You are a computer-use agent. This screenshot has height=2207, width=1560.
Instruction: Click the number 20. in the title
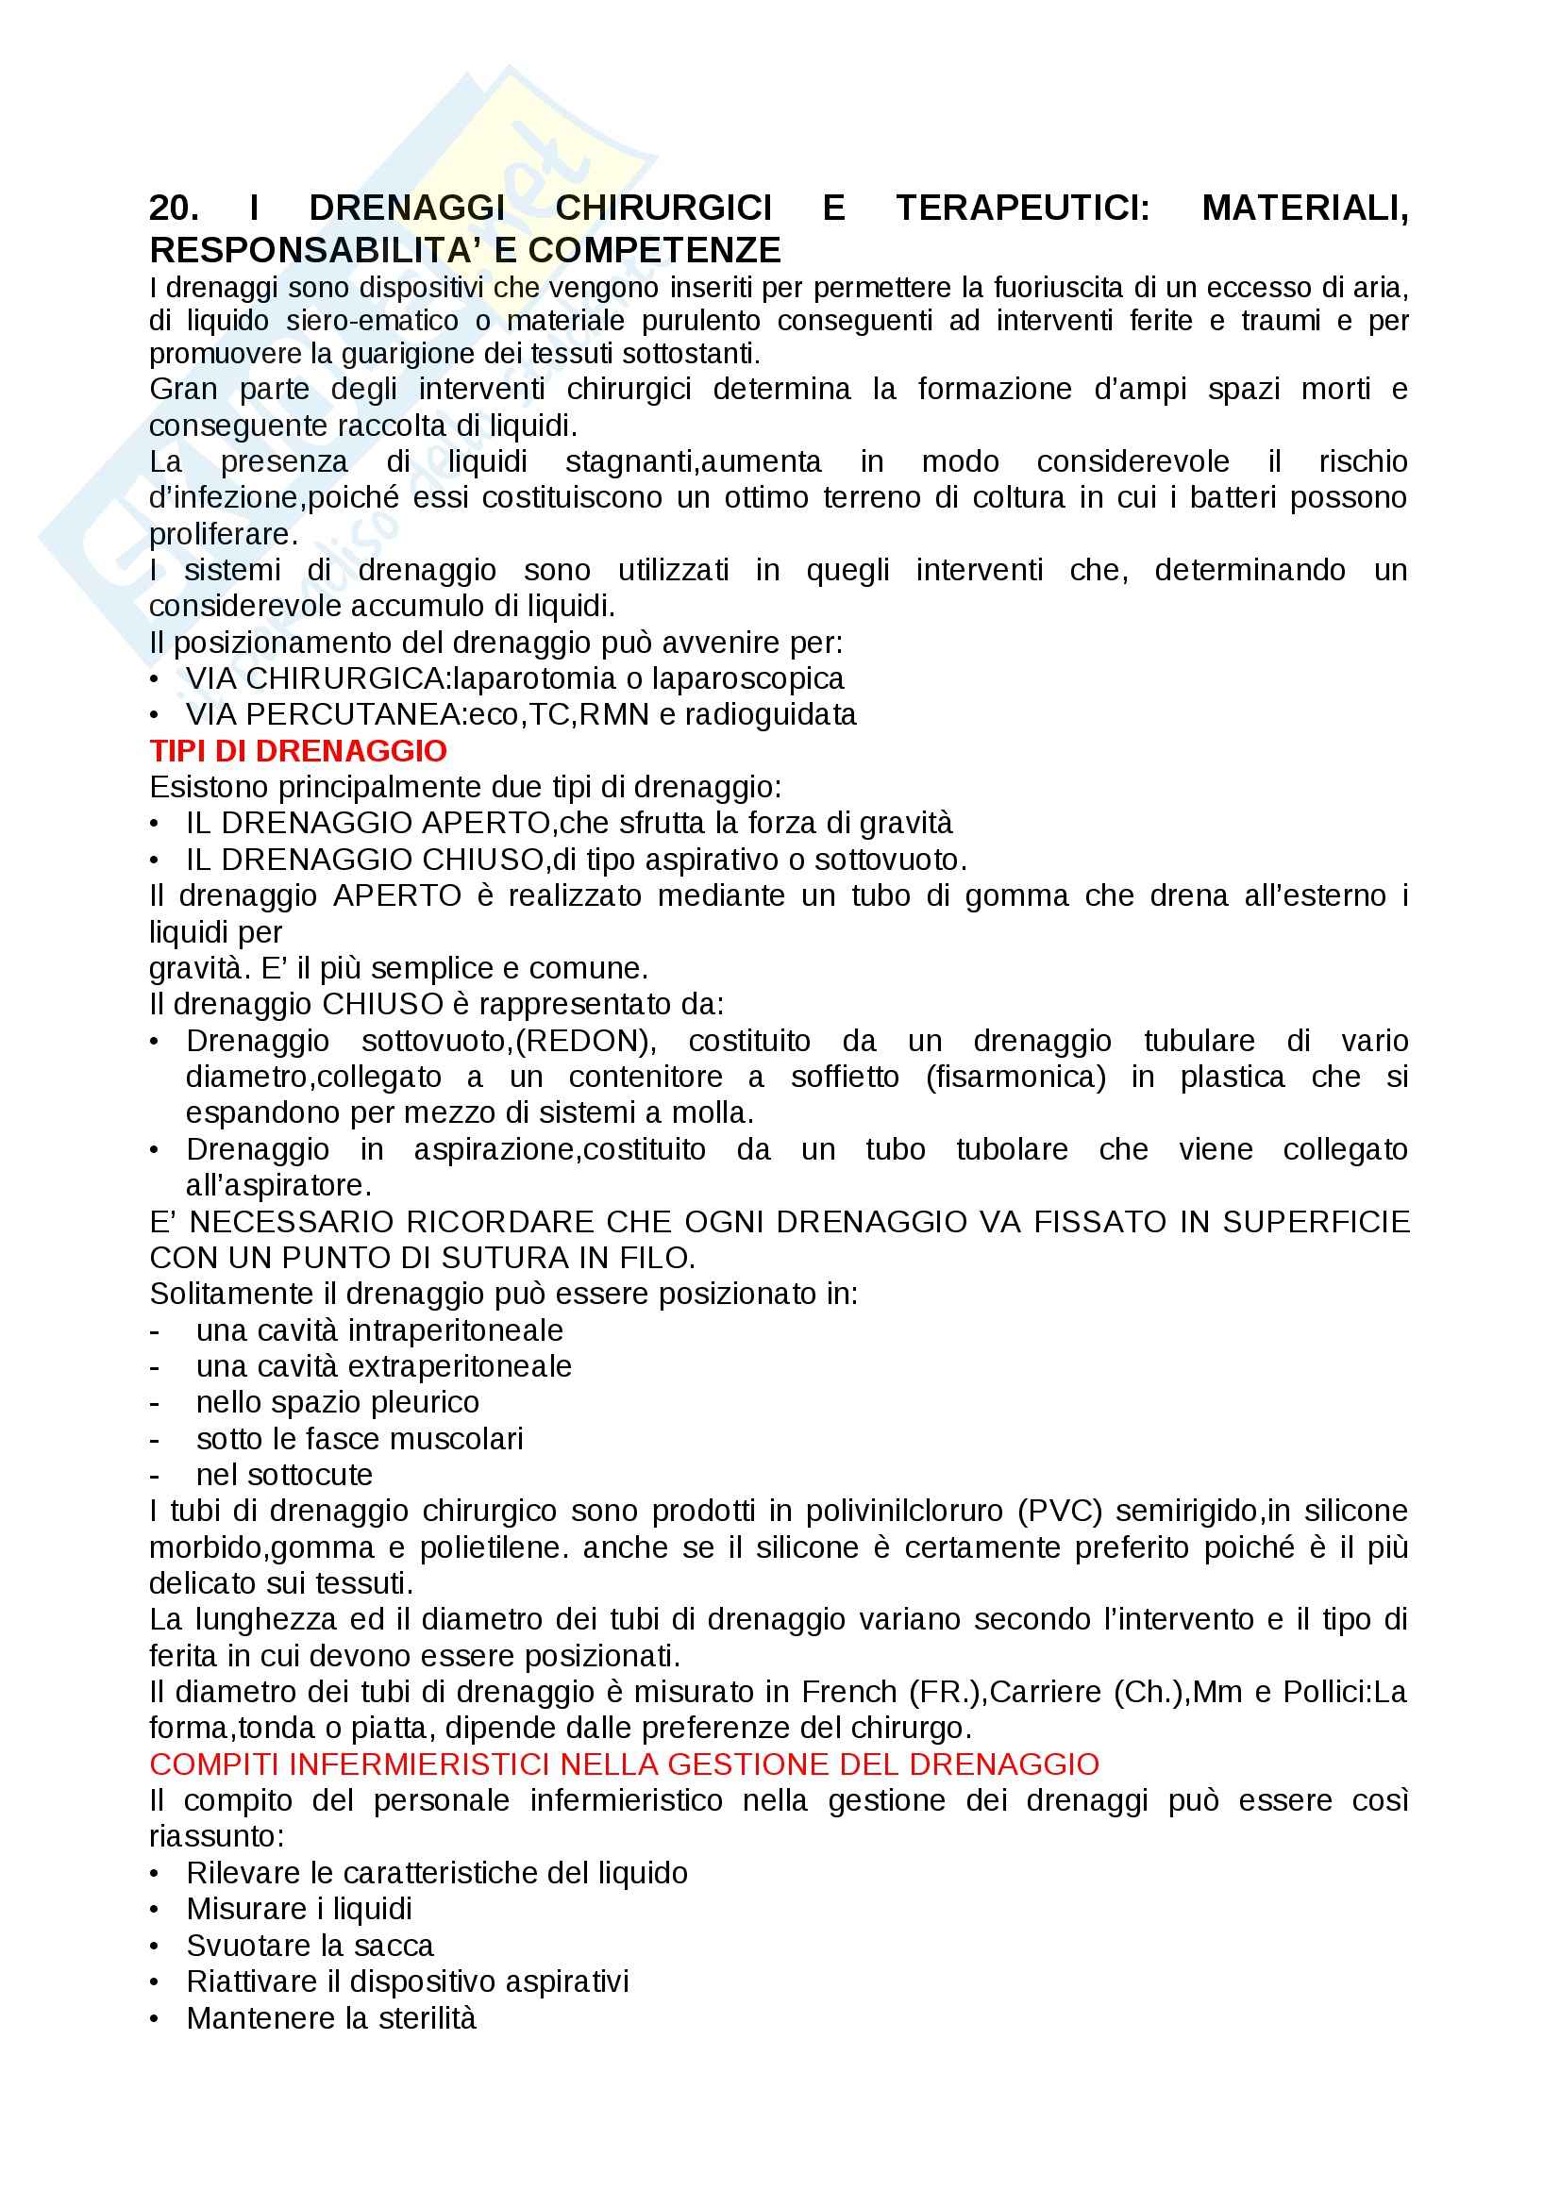pos(174,208)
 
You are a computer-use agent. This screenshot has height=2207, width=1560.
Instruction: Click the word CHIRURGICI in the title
pos(663,208)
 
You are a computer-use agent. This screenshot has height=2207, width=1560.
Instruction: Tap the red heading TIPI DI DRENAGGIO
pos(298,751)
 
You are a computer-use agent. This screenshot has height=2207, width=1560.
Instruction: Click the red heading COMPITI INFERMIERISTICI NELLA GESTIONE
pos(624,1764)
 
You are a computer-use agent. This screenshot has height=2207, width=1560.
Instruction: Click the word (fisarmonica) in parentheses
pos(1016,1077)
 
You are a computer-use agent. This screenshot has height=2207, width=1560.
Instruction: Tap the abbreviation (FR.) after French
pos(944,1692)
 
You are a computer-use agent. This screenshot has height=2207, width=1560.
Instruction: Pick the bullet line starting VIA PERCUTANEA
pos(520,714)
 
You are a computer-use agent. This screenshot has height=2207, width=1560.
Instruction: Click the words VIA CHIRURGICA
pos(317,678)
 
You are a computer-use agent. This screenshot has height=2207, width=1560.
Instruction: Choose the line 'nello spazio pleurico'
pos(337,1402)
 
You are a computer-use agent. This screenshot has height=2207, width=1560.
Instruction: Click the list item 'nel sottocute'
pos(283,1475)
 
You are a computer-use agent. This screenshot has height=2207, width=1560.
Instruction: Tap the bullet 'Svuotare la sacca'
pos(310,1946)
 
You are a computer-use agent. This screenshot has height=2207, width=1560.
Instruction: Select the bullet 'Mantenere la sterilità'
pos(330,2017)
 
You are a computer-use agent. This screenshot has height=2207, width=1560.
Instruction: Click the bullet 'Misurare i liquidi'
pos(299,1909)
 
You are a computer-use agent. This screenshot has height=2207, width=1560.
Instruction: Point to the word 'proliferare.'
pos(223,533)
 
